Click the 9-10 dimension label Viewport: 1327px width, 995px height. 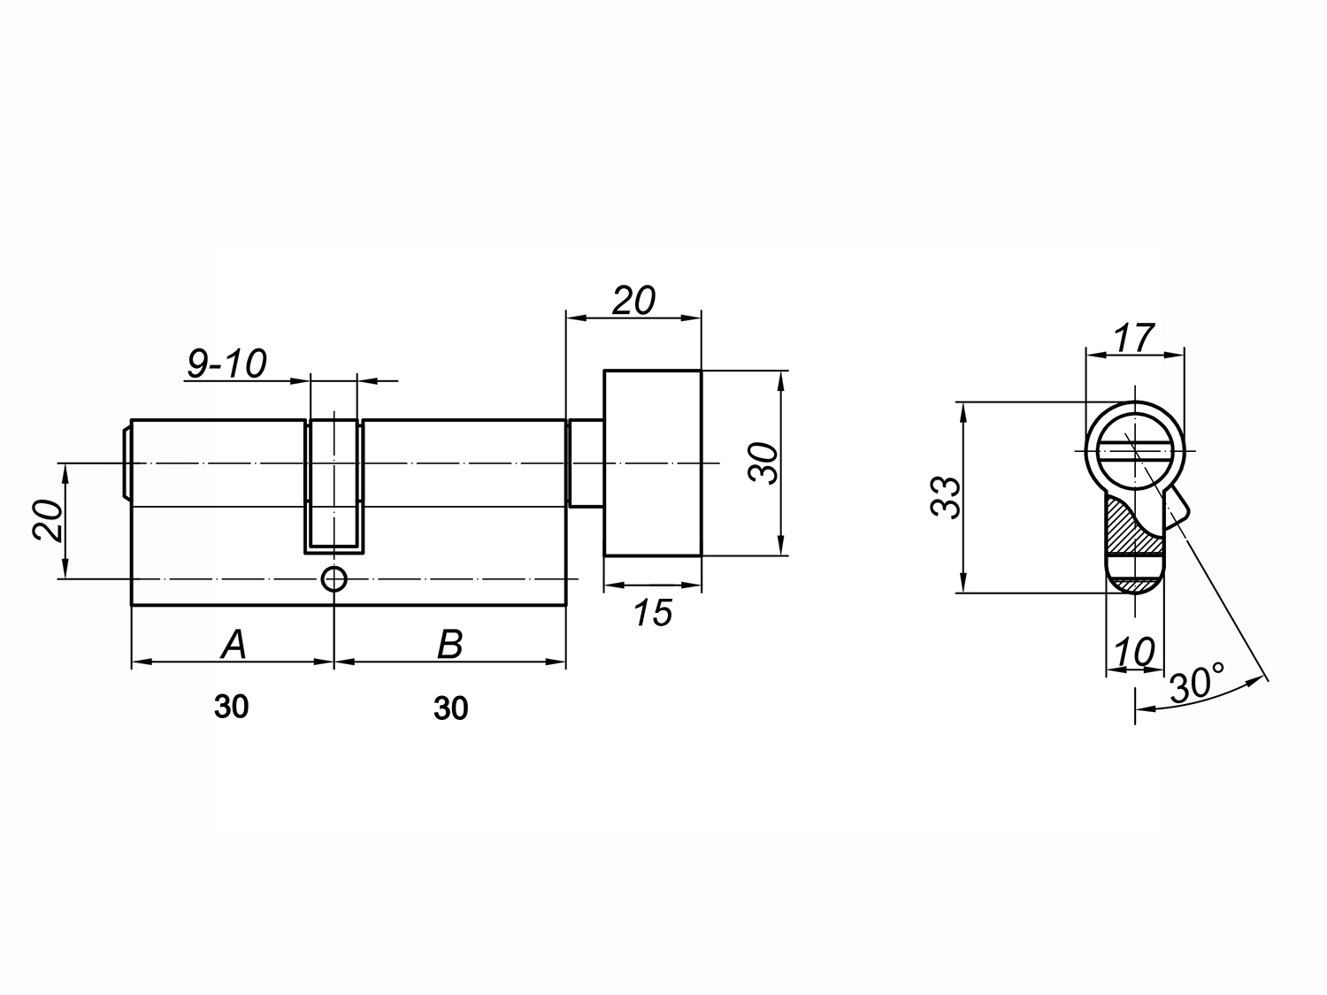tap(226, 364)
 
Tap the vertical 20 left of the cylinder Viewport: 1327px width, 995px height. tap(49, 521)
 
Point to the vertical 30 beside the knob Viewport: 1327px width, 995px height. tap(763, 463)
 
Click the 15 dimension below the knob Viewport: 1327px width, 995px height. tap(654, 613)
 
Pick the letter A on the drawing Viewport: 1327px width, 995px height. tap(234, 644)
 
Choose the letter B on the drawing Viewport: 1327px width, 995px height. tap(449, 644)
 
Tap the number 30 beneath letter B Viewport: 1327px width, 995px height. tap(451, 708)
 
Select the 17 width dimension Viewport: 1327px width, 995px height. tap(1134, 339)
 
